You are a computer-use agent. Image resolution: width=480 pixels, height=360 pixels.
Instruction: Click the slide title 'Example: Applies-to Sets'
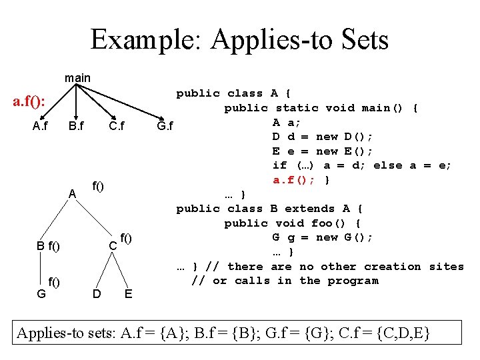coord(239,40)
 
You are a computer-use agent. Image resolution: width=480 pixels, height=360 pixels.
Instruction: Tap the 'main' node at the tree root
coord(77,78)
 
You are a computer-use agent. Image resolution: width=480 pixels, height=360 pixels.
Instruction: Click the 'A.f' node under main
coord(40,125)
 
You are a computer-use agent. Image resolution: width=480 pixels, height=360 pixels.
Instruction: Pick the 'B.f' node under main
coord(76,125)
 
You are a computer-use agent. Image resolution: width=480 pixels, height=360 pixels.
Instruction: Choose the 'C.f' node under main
coord(117,125)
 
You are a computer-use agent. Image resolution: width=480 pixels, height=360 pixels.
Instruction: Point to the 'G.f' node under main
coord(164,125)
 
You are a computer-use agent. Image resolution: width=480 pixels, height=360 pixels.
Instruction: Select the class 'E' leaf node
coord(128,293)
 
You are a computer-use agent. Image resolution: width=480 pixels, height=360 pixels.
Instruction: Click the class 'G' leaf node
coord(41,293)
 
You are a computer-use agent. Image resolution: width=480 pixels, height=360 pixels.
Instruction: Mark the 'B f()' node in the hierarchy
coord(48,247)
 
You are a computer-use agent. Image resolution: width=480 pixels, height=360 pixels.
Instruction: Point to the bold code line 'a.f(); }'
coord(301,180)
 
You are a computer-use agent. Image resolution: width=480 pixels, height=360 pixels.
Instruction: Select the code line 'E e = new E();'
coord(323,151)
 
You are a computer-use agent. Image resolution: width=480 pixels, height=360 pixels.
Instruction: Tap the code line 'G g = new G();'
coord(323,237)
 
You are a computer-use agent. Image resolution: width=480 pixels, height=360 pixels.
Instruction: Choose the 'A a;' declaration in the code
coord(287,122)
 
